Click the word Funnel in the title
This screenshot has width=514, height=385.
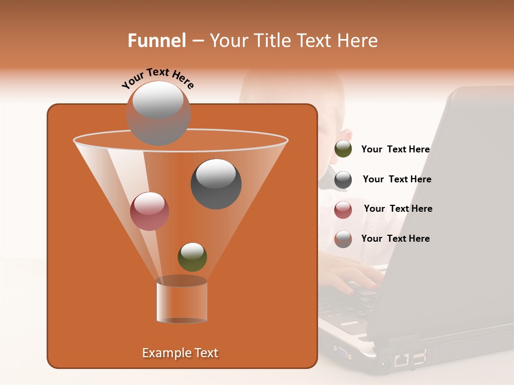click(x=156, y=41)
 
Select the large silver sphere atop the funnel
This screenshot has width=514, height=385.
click(x=158, y=113)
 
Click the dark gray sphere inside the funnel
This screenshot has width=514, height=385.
click(x=216, y=184)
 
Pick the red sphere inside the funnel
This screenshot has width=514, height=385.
click(x=149, y=211)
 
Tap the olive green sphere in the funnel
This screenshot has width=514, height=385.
click(x=192, y=257)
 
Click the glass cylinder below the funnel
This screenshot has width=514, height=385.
click(x=182, y=302)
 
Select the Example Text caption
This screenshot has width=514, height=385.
click(x=180, y=353)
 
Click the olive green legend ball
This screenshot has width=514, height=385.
click(x=343, y=149)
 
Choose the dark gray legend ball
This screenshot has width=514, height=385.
click(x=343, y=180)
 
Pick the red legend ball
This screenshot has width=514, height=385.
click(x=343, y=210)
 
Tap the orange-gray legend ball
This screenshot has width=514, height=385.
click(x=343, y=239)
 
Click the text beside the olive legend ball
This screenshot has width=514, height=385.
click(x=395, y=150)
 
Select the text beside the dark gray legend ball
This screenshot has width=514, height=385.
click(x=397, y=180)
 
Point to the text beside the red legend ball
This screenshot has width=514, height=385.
click(x=398, y=209)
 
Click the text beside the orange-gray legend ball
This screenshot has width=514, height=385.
click(x=395, y=238)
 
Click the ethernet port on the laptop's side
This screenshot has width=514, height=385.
click(x=401, y=360)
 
